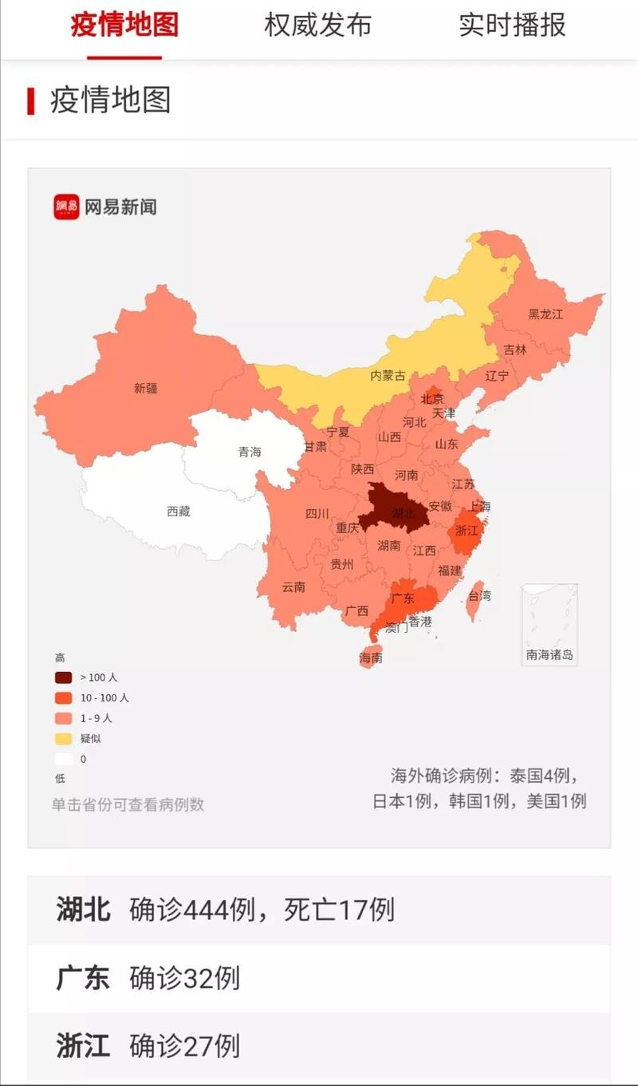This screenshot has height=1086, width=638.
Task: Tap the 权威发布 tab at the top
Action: (317, 26)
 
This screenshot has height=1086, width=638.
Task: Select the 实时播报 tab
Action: (512, 26)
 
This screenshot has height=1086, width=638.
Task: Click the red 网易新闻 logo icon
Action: (66, 207)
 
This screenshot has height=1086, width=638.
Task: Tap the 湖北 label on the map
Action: (403, 513)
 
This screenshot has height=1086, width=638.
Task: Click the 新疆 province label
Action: (146, 389)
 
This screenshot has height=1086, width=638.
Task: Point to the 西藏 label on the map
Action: (179, 511)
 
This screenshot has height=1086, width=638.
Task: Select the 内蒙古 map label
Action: (388, 375)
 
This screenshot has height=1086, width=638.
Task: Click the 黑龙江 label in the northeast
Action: (545, 314)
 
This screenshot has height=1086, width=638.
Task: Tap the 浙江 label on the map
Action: (467, 530)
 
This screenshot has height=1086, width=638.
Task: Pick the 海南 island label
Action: (371, 658)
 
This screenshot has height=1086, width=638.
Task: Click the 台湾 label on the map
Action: (479, 595)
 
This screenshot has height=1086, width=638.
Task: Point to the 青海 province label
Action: (250, 452)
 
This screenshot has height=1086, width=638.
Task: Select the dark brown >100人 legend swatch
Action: (63, 677)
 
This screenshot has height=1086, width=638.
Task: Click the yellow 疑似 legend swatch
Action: (63, 739)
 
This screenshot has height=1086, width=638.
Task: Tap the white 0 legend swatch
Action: (63, 760)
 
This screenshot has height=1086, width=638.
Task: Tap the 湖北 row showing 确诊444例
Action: (319, 910)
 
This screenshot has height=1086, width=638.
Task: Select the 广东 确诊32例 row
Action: (319, 978)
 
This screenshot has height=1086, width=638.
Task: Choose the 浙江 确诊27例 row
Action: (319, 1045)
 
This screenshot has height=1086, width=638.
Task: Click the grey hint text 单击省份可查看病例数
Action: (128, 804)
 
